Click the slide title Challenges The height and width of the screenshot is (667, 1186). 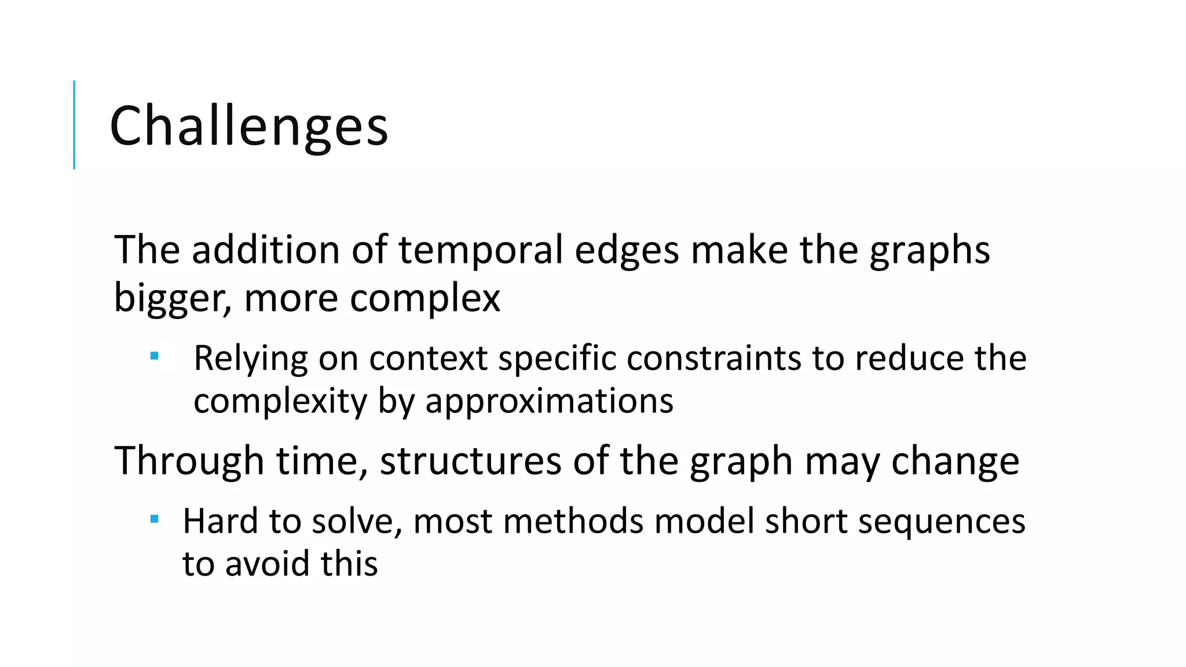(x=248, y=126)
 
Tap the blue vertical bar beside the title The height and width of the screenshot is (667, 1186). (x=74, y=124)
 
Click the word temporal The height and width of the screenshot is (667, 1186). (x=481, y=250)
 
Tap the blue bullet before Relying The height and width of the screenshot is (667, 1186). (x=154, y=356)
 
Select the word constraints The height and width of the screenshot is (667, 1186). (x=713, y=358)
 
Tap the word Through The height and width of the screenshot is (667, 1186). (x=189, y=461)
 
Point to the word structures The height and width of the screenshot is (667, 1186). (x=470, y=461)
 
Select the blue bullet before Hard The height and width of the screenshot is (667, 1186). (x=154, y=519)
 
